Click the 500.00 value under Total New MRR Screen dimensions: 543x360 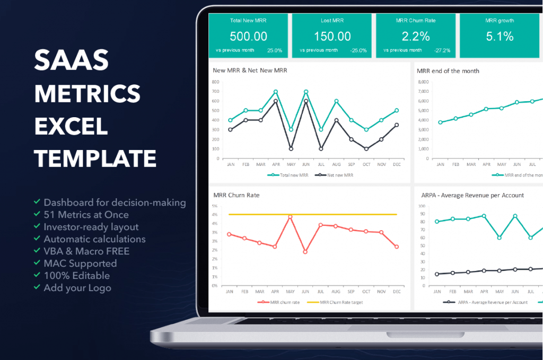coord(248,37)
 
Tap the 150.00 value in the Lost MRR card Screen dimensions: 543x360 coord(332,37)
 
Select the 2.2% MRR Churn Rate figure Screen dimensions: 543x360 coord(416,37)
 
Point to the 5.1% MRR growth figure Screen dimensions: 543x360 coord(500,37)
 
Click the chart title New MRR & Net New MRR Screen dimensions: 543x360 coord(250,71)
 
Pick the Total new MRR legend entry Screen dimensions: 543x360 coord(288,175)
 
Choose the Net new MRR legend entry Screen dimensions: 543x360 coord(334,175)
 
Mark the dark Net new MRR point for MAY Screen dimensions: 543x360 coord(291,149)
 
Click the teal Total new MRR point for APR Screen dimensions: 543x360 coord(276,92)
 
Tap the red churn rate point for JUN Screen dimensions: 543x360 coord(305,252)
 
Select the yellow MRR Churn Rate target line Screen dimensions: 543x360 coord(313,215)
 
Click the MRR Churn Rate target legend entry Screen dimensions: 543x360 coord(335,302)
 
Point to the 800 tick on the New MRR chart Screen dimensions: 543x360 coord(215,82)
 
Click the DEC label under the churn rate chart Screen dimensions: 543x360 coord(397,292)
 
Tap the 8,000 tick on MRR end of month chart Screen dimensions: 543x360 coord(423,82)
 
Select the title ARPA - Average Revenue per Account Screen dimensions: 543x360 coord(472,195)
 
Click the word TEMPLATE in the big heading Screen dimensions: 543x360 coord(95,159)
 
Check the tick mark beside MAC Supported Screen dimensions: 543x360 coord(37,262)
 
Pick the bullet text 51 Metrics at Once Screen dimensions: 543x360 coord(86,215)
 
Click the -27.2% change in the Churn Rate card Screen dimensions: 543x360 coord(442,50)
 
